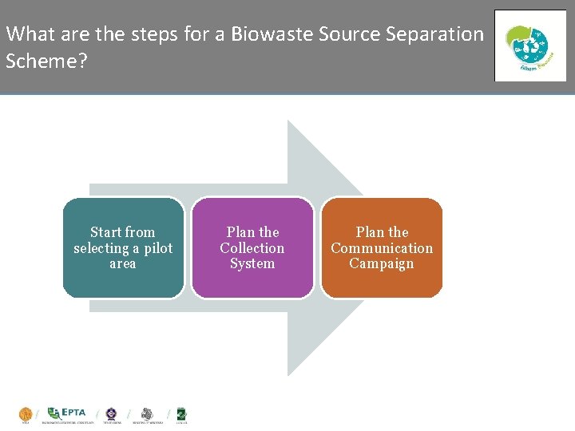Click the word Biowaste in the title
coord(272,34)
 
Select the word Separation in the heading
coord(438,34)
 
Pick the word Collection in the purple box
coord(252,248)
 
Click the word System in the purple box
coord(252,263)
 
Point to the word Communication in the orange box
coord(382,248)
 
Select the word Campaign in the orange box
coord(382,263)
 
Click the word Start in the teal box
coord(107,232)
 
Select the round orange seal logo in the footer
coord(26,414)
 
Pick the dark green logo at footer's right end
coord(180,413)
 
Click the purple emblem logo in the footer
coord(111,413)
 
